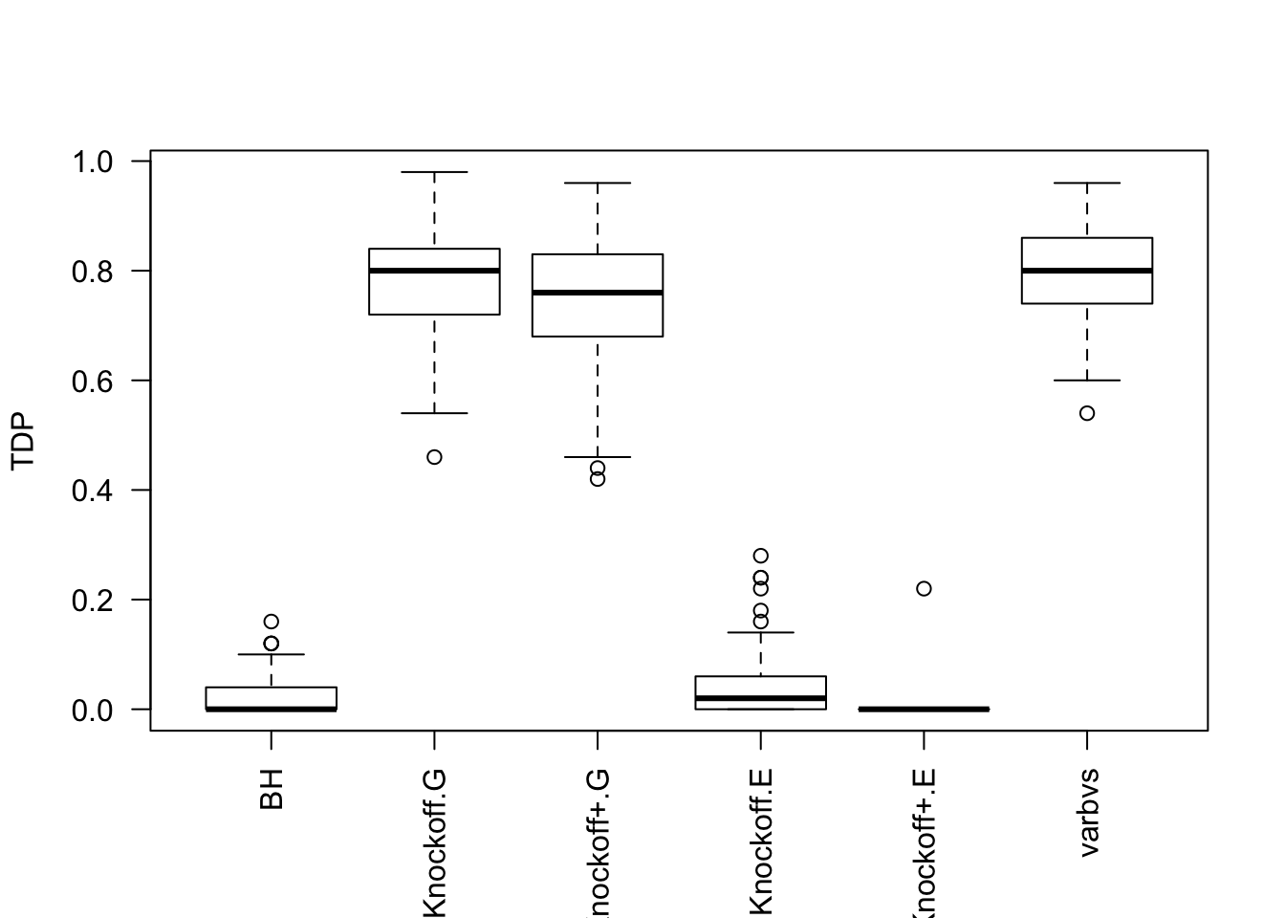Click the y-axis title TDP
23,441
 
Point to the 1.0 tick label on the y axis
93,162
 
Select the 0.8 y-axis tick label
93,272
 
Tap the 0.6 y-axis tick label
93,381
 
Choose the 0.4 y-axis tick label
93,491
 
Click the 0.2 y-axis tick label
93,601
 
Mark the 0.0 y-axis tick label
93,710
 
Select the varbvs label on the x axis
1088,812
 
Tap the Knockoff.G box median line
434,271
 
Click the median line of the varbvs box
1087,271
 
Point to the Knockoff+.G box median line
598,293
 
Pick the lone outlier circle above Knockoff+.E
924,589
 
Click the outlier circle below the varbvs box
1087,413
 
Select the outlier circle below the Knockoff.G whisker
434,457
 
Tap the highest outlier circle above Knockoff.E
761,556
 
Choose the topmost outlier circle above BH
272,622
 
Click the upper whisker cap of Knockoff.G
434,172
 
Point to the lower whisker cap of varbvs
1087,381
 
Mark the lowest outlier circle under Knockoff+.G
598,479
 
